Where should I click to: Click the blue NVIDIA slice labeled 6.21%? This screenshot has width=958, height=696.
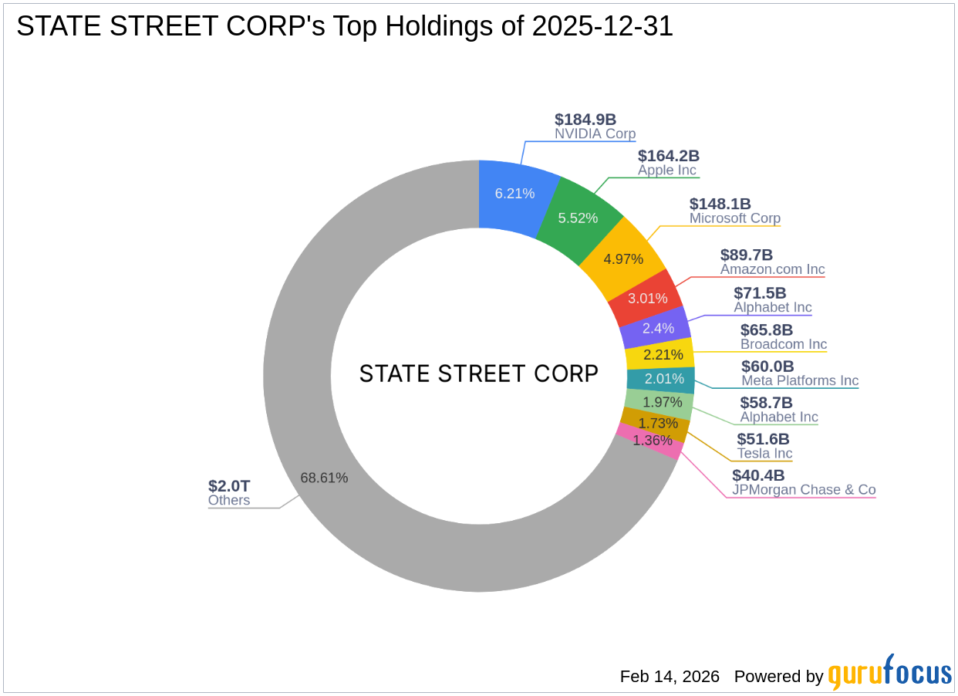[x=514, y=193]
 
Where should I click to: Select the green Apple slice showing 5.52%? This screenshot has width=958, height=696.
[x=579, y=218]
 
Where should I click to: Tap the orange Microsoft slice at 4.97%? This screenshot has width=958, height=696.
[x=623, y=258]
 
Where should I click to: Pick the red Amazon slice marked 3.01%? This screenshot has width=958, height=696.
[x=647, y=298]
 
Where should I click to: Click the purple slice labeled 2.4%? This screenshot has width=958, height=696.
[x=657, y=328]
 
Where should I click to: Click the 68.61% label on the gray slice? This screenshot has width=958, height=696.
[x=324, y=478]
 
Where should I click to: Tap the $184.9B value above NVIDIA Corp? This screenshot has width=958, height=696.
[x=585, y=120]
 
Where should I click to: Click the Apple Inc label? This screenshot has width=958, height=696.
[x=666, y=171]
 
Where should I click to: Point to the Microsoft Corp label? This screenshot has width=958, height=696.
[x=734, y=218]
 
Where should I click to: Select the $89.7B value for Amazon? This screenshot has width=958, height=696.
[x=746, y=255]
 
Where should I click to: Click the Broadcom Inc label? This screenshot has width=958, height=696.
[x=783, y=344]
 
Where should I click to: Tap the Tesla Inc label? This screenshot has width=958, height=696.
[x=764, y=454]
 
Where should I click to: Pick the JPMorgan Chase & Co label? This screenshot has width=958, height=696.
[x=804, y=490]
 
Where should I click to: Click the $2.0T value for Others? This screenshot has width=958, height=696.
[x=229, y=486]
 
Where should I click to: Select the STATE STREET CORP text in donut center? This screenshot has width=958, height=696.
[x=479, y=374]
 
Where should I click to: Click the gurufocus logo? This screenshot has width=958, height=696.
[x=889, y=674]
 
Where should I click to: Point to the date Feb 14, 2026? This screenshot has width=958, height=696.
[x=670, y=677]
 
